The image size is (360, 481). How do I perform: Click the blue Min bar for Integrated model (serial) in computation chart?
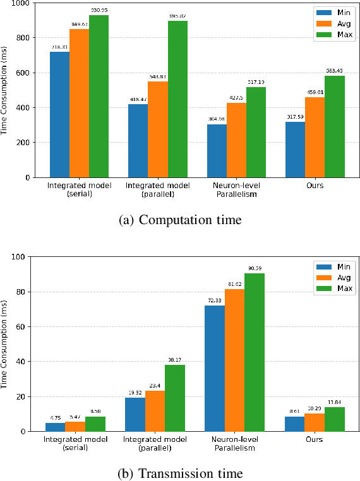(x=59, y=114)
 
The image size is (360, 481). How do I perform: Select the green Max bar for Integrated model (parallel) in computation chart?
(x=177, y=99)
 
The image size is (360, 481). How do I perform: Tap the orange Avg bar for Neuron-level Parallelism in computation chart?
(x=236, y=140)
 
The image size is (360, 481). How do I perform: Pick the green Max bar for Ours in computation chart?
(x=334, y=126)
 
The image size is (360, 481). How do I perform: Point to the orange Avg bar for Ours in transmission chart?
(x=314, y=422)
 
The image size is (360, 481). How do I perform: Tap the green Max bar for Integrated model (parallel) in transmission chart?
(x=175, y=398)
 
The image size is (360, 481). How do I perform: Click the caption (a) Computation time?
(x=179, y=220)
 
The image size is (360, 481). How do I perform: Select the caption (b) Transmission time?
(x=179, y=473)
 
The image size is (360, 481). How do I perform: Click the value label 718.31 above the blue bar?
(x=59, y=47)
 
